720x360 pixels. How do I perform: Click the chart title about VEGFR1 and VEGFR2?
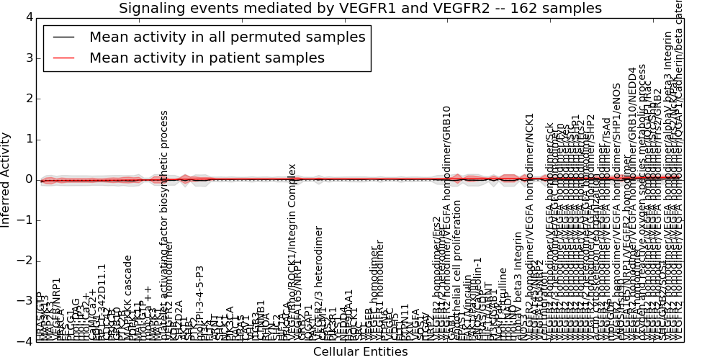360,9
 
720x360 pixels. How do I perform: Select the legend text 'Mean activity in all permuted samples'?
227,37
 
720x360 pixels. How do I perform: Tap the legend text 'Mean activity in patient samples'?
207,58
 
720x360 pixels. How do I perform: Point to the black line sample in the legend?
63,37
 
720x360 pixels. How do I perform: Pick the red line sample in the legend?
63,58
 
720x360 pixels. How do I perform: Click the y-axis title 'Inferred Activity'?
6,179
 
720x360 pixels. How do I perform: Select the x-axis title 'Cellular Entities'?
360,351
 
